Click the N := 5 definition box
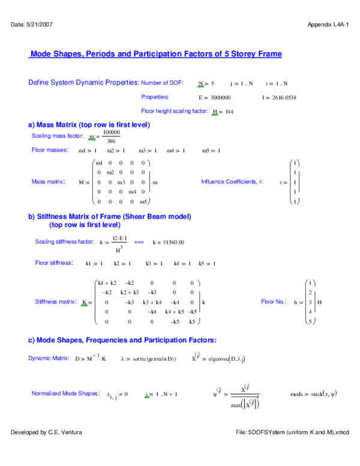206,83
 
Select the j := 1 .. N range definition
241,83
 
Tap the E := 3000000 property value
214,97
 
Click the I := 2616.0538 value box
279,97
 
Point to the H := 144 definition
223,112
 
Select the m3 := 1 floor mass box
147,151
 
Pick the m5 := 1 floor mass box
211,151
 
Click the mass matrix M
117,182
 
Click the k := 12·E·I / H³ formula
113,242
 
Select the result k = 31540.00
169,242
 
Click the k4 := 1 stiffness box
182,264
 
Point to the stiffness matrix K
143,302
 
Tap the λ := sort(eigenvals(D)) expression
148,358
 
